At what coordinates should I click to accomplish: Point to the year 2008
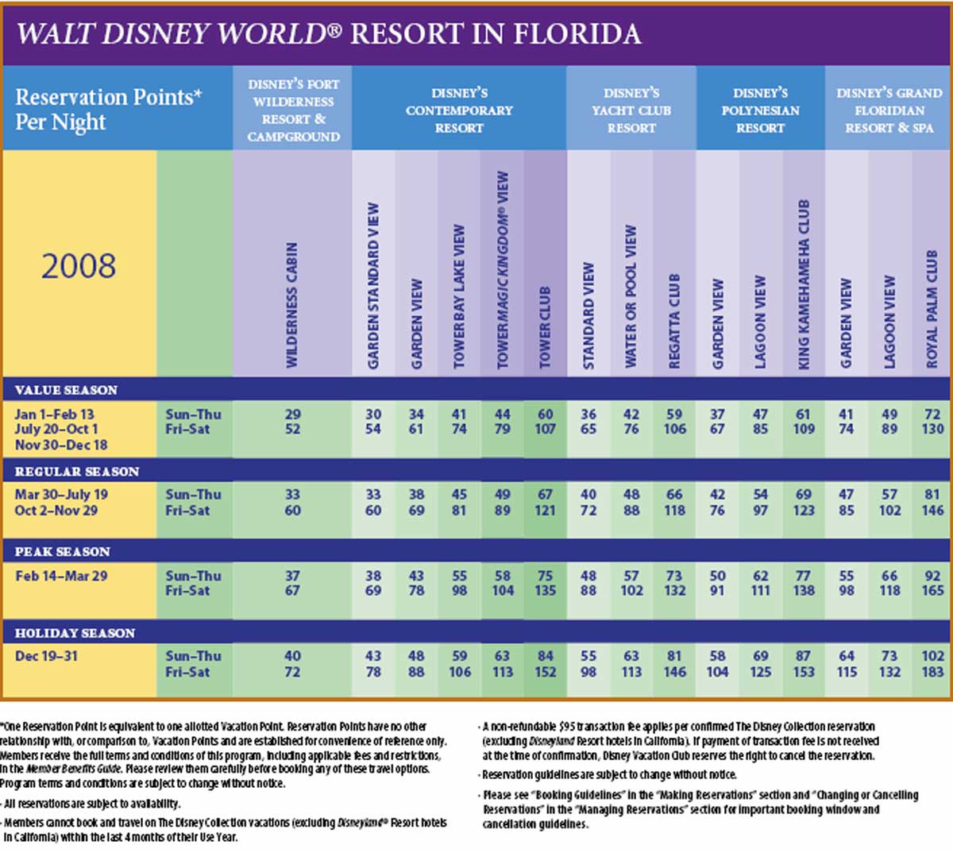(79, 266)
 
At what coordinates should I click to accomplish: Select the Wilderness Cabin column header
(292, 305)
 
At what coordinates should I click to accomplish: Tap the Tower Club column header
(545, 327)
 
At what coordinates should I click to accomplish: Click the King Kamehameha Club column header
(804, 284)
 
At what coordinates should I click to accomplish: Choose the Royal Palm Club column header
(932, 309)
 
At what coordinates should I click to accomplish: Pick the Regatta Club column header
(674, 321)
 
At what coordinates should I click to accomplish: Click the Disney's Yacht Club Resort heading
(631, 110)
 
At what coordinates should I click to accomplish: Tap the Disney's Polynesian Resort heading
(760, 110)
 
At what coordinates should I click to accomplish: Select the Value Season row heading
(67, 390)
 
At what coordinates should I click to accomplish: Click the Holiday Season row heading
(75, 633)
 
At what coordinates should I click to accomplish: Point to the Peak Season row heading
(63, 552)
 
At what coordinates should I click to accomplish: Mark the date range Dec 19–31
(46, 656)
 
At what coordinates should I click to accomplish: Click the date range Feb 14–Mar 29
(61, 576)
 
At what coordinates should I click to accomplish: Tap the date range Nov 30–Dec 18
(61, 445)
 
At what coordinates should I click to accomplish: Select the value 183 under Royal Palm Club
(933, 672)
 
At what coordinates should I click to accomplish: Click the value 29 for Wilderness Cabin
(292, 415)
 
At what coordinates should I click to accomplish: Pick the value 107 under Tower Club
(545, 429)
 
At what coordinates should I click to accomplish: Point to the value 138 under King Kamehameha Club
(804, 590)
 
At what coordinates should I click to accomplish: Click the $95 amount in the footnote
(569, 727)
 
